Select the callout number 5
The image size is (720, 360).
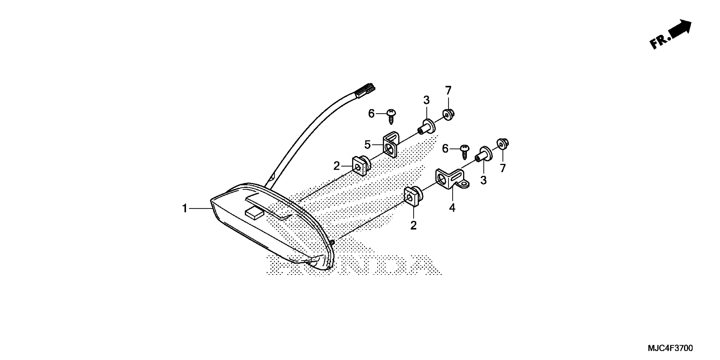(367, 145)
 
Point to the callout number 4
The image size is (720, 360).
(452, 208)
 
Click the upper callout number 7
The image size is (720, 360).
(448, 91)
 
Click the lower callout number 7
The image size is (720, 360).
(503, 168)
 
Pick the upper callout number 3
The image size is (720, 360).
(426, 100)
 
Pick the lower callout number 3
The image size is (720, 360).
(483, 180)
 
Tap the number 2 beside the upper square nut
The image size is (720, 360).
(336, 166)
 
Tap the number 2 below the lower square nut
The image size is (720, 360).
(413, 225)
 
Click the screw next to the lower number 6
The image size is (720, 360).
(465, 151)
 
